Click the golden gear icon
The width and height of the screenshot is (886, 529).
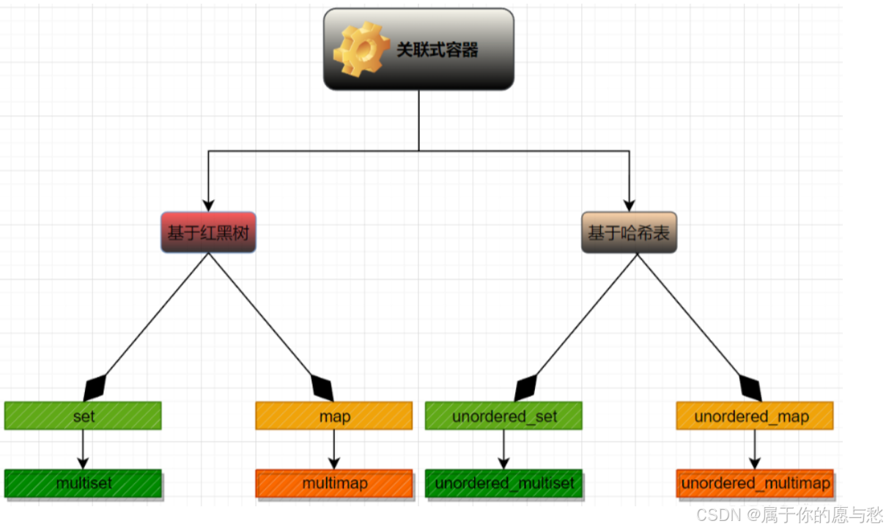point(361,50)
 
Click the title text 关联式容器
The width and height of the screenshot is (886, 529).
point(437,50)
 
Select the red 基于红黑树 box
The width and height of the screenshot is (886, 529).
point(208,233)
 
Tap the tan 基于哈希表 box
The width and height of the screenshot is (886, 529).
point(629,233)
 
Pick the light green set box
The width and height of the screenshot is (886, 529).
point(83,415)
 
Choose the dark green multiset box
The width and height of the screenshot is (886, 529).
point(83,484)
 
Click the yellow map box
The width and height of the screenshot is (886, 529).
point(334,415)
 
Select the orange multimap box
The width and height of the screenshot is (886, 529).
point(334,484)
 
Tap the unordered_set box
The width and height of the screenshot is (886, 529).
point(503,415)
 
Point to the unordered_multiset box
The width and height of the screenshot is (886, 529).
point(503,484)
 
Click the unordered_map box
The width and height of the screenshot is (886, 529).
point(754,415)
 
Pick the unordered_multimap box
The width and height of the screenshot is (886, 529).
point(755,484)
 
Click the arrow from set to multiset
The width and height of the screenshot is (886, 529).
point(83,448)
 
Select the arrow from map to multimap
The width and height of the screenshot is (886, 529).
point(334,448)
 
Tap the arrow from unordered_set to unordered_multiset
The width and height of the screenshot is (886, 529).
point(503,448)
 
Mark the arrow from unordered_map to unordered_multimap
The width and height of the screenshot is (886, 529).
point(755,448)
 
